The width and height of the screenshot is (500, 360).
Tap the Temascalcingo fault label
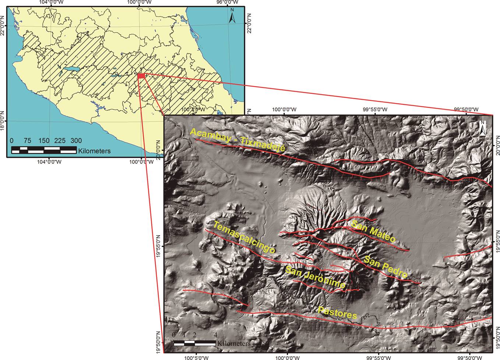(x=244, y=237)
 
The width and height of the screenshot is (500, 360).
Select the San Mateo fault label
(x=373, y=232)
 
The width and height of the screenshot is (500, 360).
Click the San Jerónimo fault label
(x=316, y=277)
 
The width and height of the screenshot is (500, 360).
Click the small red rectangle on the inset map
(x=141, y=75)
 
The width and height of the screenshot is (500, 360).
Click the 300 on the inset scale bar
(x=76, y=141)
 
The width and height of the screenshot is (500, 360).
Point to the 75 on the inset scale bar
(x=27, y=141)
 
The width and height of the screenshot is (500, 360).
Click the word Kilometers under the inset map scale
(x=94, y=151)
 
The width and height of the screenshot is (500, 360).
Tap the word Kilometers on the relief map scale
(x=234, y=343)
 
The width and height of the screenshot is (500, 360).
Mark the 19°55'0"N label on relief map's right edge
(x=497, y=241)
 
